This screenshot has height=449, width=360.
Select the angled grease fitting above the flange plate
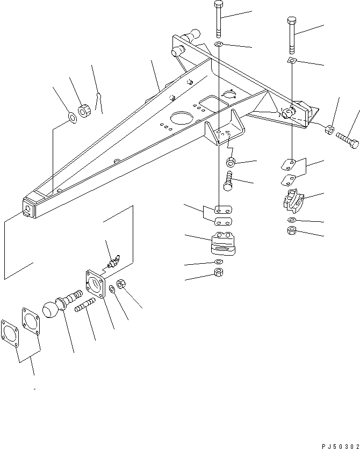point(113,262)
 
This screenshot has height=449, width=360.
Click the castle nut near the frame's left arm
point(84,112)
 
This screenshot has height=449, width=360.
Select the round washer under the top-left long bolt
point(218,44)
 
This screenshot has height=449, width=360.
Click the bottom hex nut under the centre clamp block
point(218,272)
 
